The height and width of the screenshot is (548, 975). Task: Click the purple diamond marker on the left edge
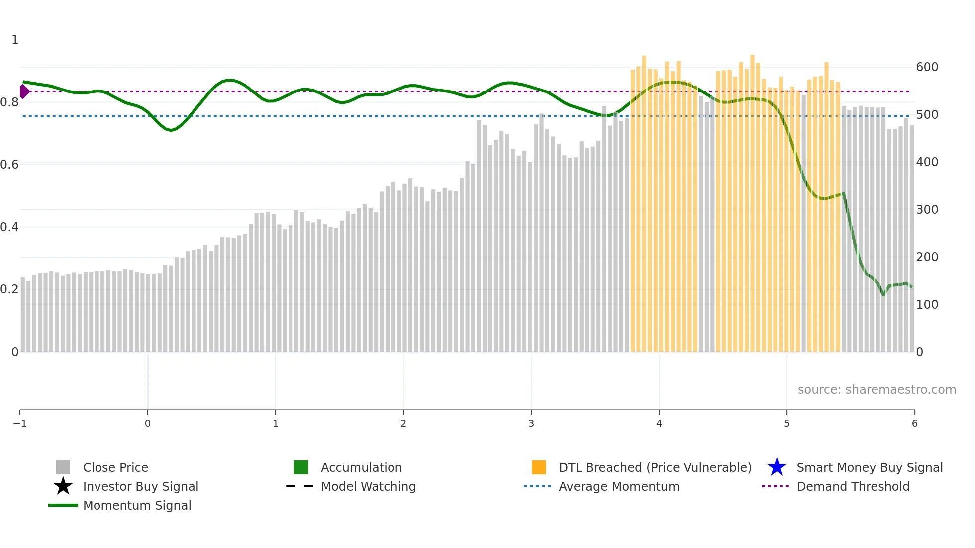24,91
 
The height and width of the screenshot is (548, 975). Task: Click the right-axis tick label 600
927,67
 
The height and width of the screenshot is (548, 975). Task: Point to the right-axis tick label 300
927,209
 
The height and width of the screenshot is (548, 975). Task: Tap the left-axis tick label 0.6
9,165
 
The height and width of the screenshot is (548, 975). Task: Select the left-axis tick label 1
15,40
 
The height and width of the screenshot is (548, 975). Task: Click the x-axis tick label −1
20,423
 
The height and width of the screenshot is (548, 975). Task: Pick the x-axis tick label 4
659,423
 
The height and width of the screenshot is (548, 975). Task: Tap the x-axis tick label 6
914,423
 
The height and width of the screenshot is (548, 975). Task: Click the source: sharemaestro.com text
877,389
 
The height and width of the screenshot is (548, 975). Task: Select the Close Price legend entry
115,467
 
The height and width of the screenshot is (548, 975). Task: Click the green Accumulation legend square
301,467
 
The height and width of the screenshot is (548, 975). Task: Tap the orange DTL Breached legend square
539,467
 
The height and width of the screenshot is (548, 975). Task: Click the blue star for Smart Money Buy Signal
777,467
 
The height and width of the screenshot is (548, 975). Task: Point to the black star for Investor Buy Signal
63,486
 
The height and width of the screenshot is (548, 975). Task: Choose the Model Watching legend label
368,486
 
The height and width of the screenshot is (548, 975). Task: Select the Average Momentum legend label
618,486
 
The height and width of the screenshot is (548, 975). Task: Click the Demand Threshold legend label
853,486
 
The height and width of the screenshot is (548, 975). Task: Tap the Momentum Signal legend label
137,505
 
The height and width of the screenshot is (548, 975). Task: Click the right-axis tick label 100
927,304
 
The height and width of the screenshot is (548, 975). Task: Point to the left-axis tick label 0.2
9,289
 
